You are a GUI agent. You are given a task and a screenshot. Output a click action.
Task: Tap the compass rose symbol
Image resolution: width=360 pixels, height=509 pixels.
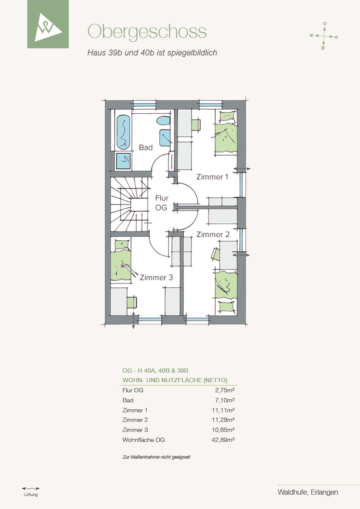pos(324,36)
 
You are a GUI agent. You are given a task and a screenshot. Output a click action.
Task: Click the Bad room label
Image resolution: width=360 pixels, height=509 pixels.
pos(146,148)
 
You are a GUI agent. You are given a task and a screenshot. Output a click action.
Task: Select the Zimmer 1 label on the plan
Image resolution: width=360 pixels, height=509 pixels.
pos(212,177)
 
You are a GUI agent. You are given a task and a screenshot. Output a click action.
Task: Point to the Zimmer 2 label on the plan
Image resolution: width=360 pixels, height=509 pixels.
pos(213,234)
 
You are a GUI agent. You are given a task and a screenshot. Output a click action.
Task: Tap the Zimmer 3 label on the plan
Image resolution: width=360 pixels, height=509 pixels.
pos(156,277)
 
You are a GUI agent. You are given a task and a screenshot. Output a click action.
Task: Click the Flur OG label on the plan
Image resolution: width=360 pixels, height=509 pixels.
pos(161,202)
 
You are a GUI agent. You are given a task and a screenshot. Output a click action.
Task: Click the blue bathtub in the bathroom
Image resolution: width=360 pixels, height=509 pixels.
pos(123,132)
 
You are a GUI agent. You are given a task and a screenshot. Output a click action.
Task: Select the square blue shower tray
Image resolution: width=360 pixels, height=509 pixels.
pos(123,161)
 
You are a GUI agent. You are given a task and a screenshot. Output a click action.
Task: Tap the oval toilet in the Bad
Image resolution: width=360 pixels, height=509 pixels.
pos(163,121)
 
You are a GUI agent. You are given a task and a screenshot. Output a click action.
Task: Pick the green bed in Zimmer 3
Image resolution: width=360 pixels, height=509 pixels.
pos(121,260)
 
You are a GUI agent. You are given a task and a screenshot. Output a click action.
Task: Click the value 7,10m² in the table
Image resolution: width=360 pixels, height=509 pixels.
pos(225,400)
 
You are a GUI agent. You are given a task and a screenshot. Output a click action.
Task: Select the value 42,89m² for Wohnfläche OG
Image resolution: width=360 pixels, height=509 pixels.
pos(223,440)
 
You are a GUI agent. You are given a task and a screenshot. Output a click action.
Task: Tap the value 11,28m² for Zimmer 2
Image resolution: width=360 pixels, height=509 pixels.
pos(223,420)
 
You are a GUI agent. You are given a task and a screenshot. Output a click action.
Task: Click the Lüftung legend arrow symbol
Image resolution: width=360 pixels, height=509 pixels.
pos(30,488)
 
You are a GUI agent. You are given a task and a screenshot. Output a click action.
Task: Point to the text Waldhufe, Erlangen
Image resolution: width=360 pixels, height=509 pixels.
pos(308,492)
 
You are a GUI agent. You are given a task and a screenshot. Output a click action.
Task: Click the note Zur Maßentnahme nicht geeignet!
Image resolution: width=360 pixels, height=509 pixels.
pos(156,457)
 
